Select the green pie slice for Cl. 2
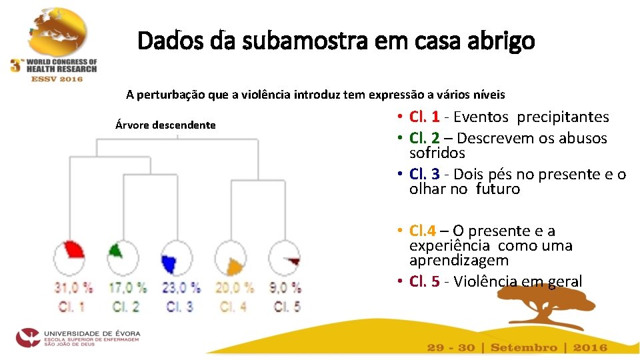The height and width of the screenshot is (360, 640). pos(116,251)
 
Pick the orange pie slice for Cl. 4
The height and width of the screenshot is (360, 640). pos(233,267)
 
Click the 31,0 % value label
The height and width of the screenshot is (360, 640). pos(73,288)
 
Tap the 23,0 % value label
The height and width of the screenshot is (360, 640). pos(181,288)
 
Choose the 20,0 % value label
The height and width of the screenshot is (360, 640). pos(234,288)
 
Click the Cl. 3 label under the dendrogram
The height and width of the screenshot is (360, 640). pos(181,307)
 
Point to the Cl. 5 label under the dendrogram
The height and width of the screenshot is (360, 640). pos(287,307)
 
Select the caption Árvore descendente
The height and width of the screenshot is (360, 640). pos(165,125)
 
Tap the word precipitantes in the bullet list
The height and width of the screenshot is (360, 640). pos(563,117)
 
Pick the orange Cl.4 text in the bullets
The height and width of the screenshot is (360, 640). pos(423,231)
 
